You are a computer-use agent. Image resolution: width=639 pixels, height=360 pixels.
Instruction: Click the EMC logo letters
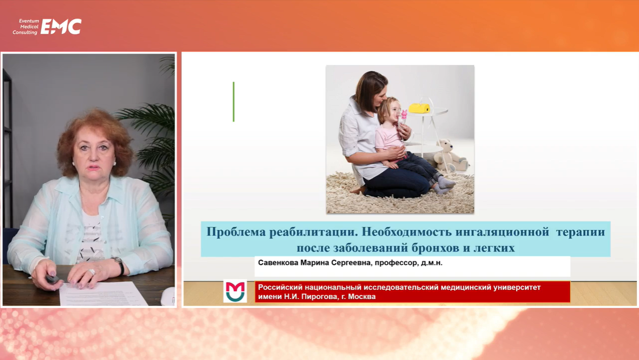pyautogui.click(x=61, y=27)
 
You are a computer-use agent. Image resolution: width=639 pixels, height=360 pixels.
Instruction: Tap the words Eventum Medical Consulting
pyautogui.click(x=26, y=27)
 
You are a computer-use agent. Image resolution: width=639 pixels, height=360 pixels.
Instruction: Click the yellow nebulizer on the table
pyautogui.click(x=419, y=108)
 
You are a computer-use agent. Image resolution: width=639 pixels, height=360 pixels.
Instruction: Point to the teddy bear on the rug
pyautogui.click(x=450, y=156)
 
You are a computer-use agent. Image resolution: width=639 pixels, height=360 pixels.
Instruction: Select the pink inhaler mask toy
pyautogui.click(x=404, y=115)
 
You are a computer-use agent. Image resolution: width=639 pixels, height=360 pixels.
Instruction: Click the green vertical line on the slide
pyautogui.click(x=234, y=102)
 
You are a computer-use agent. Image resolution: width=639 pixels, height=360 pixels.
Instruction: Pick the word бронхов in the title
pyautogui.click(x=435, y=248)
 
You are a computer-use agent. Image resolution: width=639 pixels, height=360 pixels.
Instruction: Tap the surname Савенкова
pyautogui.click(x=278, y=263)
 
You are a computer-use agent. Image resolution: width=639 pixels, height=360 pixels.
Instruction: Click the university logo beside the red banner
pyautogui.click(x=235, y=291)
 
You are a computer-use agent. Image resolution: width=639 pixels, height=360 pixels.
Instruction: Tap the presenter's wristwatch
pyautogui.click(x=119, y=265)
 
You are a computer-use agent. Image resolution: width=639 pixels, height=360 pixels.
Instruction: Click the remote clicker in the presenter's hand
pyautogui.click(x=52, y=279)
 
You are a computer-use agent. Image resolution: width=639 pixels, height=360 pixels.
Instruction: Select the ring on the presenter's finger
pyautogui.click(x=92, y=272)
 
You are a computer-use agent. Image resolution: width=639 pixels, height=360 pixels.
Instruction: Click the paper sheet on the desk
pyautogui.click(x=103, y=294)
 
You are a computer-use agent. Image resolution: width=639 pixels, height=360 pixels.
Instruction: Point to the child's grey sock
pyautogui.click(x=445, y=182)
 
